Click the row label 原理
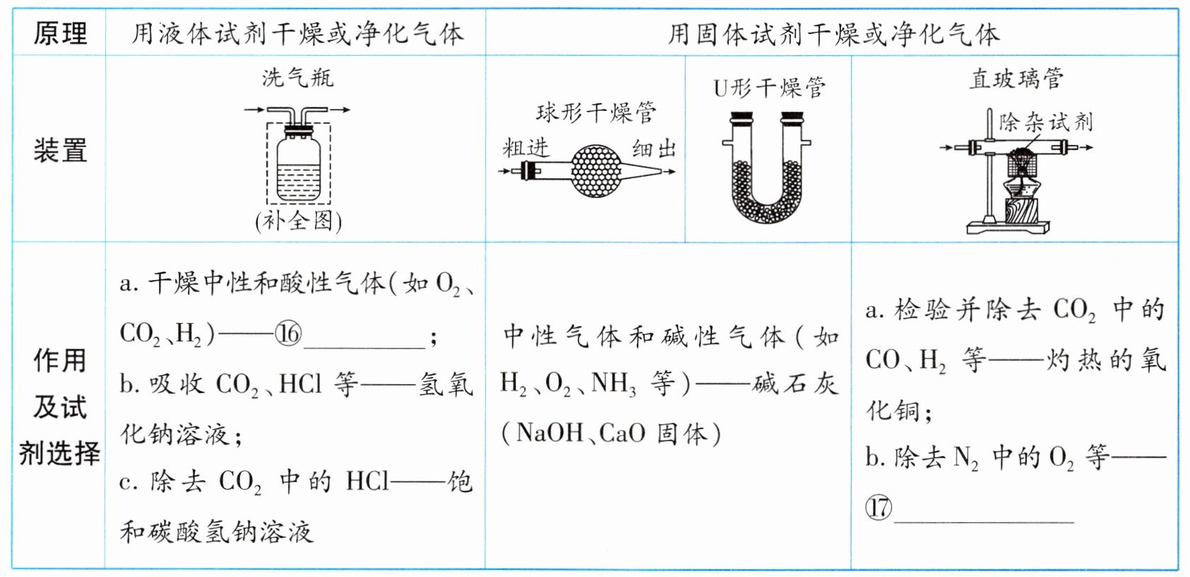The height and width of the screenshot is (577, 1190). pyautogui.click(x=60, y=33)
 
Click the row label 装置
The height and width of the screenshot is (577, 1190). pyautogui.click(x=60, y=151)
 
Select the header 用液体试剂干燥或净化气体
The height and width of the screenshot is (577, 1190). pyautogui.click(x=297, y=33)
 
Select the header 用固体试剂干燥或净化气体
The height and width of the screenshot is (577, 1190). pyautogui.click(x=833, y=33)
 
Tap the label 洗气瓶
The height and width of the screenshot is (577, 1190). pyautogui.click(x=297, y=77)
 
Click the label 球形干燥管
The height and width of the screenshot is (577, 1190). pyautogui.click(x=595, y=112)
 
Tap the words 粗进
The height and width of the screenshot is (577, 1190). pyautogui.click(x=525, y=148)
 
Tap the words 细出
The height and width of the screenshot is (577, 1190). pyautogui.click(x=654, y=148)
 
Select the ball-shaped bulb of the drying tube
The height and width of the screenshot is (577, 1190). pyautogui.click(x=596, y=170)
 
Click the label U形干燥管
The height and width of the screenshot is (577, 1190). pyautogui.click(x=769, y=88)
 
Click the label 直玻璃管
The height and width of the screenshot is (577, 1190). pyautogui.click(x=1016, y=78)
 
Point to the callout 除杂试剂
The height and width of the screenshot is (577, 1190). pyautogui.click(x=1045, y=122)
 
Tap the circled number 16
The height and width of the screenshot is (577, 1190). pyautogui.click(x=288, y=333)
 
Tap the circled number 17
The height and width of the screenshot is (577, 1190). pyautogui.click(x=879, y=507)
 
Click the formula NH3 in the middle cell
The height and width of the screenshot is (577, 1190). pyautogui.click(x=613, y=384)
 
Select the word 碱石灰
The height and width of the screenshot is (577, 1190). pyautogui.click(x=795, y=384)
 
